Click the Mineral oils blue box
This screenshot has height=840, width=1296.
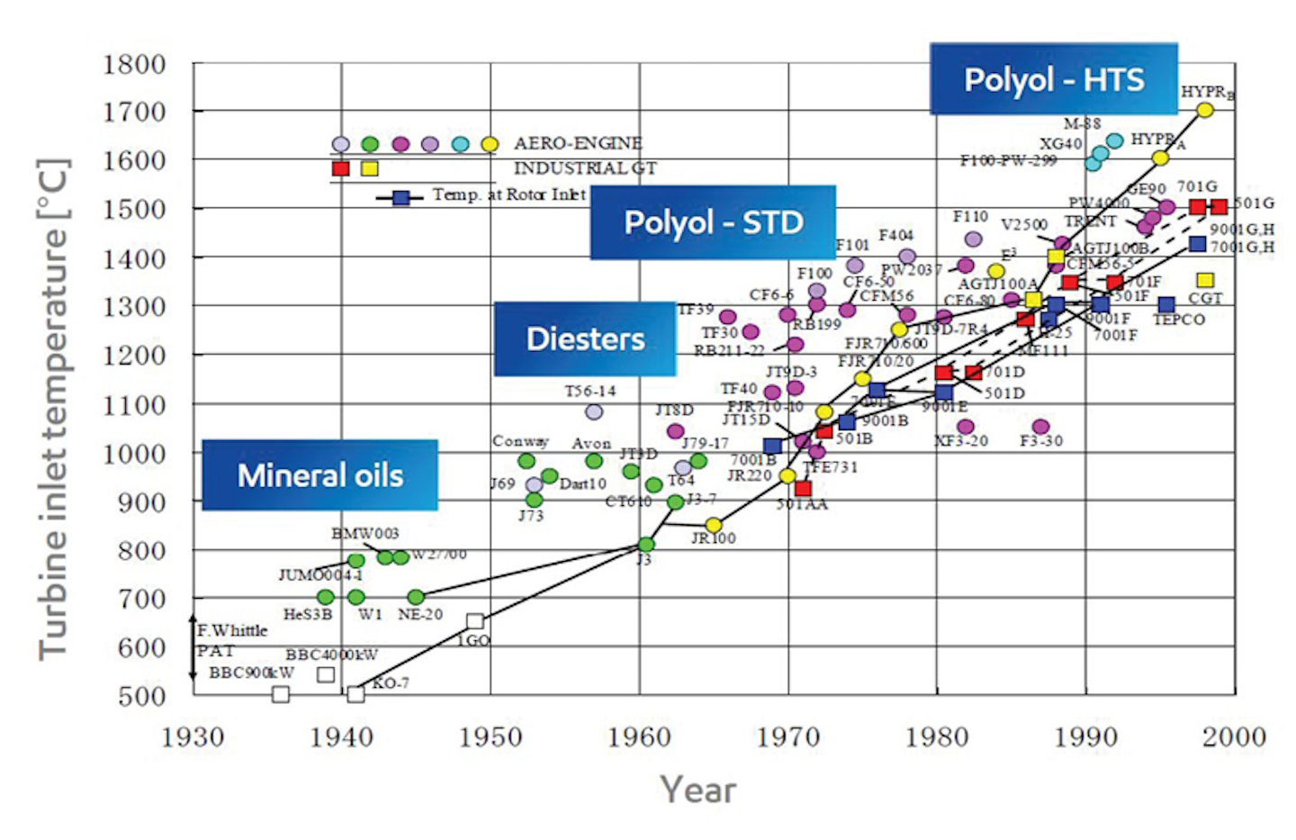pyautogui.click(x=319, y=475)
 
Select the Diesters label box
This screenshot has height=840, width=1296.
pyautogui.click(x=585, y=339)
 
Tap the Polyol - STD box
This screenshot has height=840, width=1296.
pyautogui.click(x=713, y=222)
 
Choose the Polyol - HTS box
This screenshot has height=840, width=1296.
pyautogui.click(x=1053, y=79)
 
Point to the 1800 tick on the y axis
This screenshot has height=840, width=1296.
pyautogui.click(x=134, y=65)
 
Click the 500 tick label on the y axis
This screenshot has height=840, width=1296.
pyautogui.click(x=141, y=696)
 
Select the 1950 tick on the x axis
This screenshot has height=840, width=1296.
pyautogui.click(x=490, y=737)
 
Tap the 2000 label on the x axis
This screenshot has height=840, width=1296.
pyautogui.click(x=1234, y=737)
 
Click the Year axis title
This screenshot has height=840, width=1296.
pyautogui.click(x=697, y=790)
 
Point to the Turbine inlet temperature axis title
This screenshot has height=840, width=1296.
pyautogui.click(x=53, y=410)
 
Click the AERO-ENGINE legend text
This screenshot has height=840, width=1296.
pyautogui.click(x=578, y=143)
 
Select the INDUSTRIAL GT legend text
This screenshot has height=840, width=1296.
pyautogui.click(x=585, y=168)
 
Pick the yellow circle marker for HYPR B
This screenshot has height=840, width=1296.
pyautogui.click(x=1205, y=110)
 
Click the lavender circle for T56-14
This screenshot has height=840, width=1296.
pyautogui.click(x=594, y=411)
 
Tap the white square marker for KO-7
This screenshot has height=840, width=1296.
pyautogui.click(x=355, y=694)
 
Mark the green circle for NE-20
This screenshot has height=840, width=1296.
pyautogui.click(x=416, y=597)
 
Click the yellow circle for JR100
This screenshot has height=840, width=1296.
pyautogui.click(x=714, y=525)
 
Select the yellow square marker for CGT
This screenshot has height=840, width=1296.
pyautogui.click(x=1205, y=280)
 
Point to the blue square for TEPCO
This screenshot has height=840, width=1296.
pyautogui.click(x=1166, y=304)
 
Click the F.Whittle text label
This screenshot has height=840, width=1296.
pyautogui.click(x=232, y=630)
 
